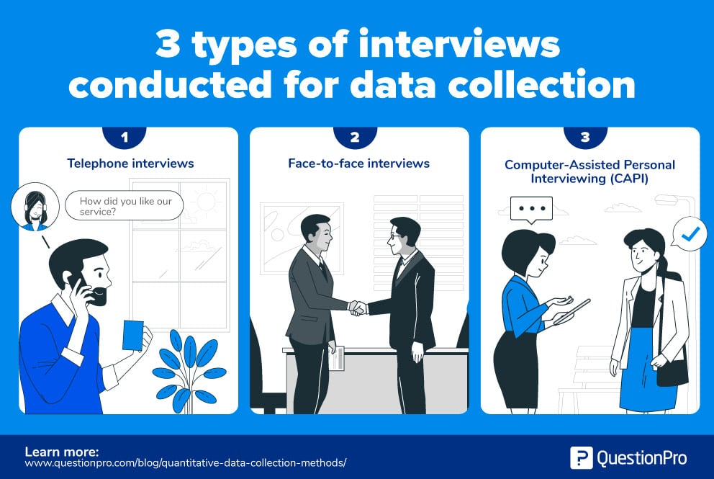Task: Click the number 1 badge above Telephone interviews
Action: [x=124, y=135]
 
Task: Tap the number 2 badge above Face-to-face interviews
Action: [x=356, y=135]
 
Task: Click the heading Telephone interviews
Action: [x=130, y=164]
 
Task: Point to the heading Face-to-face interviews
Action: [x=358, y=164]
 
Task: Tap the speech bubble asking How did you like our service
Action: [x=124, y=205]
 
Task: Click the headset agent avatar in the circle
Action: [x=34, y=207]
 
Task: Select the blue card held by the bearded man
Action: [x=132, y=335]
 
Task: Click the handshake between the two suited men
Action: [x=358, y=308]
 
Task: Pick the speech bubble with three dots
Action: [x=531, y=209]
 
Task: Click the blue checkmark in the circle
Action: [x=690, y=233]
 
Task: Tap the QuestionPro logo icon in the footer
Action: [x=581, y=457]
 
